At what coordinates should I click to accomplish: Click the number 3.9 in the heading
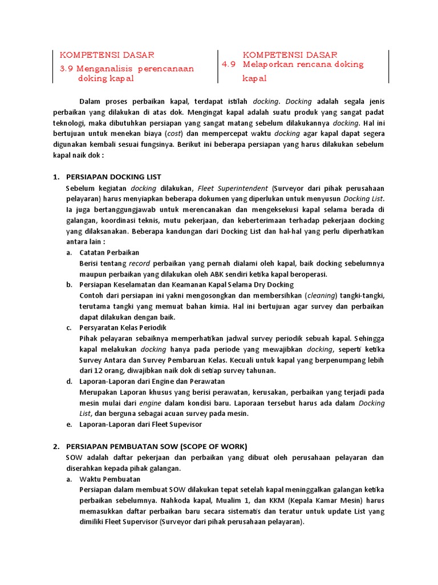point(67,69)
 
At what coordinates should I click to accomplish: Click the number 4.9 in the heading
point(229,65)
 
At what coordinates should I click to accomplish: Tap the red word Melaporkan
point(270,65)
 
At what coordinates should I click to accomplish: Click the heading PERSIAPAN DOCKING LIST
point(114,177)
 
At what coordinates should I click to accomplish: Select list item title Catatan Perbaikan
point(109,252)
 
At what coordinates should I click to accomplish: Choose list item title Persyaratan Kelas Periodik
point(123,327)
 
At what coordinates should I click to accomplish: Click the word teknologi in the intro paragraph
point(69,122)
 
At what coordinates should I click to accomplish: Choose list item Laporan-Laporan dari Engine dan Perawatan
point(152,381)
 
